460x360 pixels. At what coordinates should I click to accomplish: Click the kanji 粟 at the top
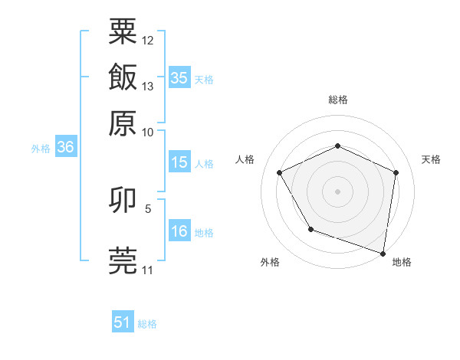point(123,31)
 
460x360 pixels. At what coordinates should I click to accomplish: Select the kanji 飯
point(123,77)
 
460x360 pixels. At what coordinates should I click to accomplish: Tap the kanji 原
point(123,123)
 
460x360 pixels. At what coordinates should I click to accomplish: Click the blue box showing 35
point(179,78)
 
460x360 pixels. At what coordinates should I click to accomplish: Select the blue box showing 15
point(179,162)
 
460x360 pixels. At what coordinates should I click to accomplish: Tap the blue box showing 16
point(179,231)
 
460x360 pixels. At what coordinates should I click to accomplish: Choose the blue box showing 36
point(65,148)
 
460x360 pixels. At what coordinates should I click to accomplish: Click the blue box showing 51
point(123,322)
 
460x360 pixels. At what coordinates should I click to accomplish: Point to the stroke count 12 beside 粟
point(148,40)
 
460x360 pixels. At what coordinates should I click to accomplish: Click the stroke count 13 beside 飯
point(148,86)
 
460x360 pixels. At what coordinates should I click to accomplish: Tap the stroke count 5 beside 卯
point(148,208)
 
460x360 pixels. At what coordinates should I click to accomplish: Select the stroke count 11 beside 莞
point(148,270)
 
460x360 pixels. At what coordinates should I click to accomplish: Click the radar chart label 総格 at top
point(338,100)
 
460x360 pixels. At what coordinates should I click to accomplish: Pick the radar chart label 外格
point(270,263)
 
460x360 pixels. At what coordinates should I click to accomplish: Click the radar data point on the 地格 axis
point(383,253)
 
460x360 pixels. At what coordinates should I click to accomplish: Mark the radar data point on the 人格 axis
point(280,172)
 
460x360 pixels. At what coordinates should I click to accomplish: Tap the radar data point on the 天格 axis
point(396,172)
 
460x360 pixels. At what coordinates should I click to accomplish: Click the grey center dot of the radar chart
point(338,191)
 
